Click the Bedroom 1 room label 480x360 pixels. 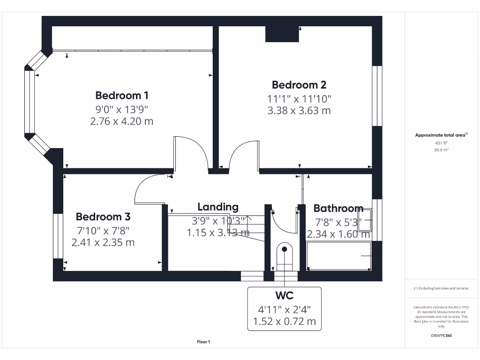point(122,96)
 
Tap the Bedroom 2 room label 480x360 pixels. point(299,85)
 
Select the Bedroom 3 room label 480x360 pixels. point(103,217)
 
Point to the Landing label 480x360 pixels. point(217,207)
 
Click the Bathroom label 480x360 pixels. point(338,208)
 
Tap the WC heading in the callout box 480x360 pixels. point(284,296)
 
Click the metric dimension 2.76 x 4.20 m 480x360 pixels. point(122,121)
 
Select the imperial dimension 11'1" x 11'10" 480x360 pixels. point(299,99)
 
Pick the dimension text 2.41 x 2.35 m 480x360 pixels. point(103,242)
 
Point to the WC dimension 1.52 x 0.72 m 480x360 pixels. point(284,322)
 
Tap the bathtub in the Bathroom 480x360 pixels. point(339,255)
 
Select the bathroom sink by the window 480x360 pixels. point(366,219)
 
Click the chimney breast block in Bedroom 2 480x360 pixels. point(282,34)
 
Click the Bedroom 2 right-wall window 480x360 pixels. point(377,96)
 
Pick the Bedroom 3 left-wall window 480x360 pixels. point(58,236)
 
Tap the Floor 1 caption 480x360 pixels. point(203,342)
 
